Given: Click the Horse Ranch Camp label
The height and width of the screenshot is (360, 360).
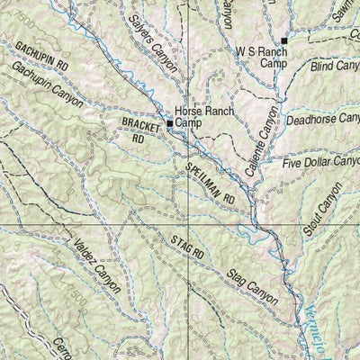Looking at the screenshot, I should tap(204, 117).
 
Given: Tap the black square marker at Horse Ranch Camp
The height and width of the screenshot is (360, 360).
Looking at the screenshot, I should tap(168, 122).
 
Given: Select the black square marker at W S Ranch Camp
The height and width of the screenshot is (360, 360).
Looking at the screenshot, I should tap(283, 40).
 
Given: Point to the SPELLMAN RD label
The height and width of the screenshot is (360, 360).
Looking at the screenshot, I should tap(211, 181).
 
